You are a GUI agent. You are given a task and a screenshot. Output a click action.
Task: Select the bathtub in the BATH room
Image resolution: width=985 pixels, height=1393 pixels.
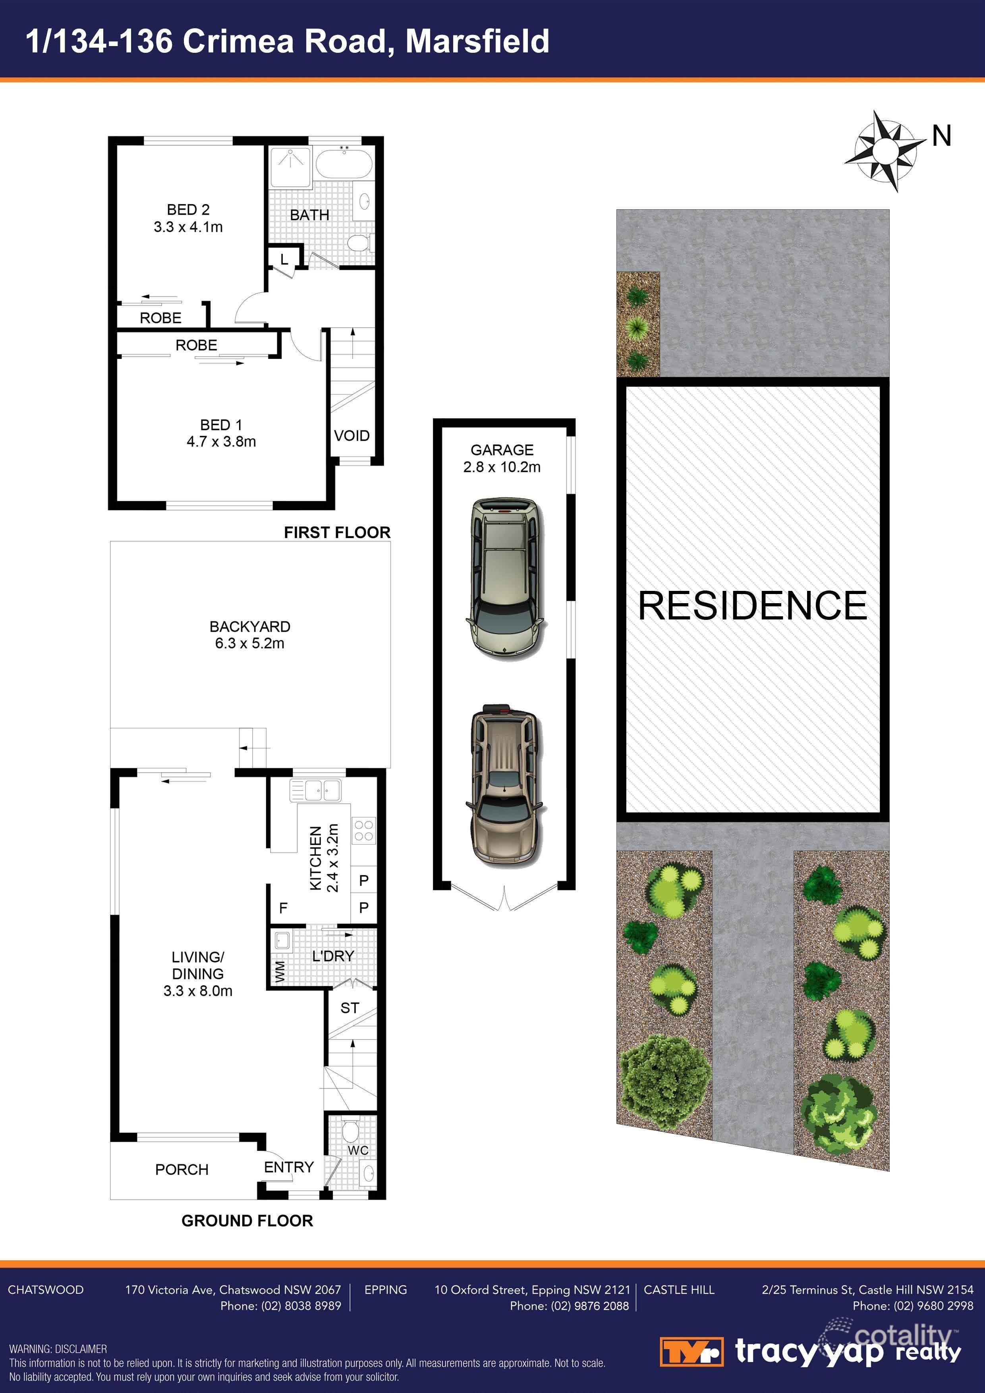(344, 162)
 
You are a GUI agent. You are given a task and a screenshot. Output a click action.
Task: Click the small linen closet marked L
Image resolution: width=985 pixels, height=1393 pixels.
(284, 260)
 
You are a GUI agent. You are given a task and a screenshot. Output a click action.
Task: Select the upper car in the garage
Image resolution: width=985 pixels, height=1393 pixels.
(504, 578)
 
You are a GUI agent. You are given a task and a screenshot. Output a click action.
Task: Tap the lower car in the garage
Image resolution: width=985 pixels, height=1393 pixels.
(504, 786)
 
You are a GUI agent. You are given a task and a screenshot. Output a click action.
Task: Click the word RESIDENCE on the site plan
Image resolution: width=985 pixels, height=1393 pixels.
(753, 606)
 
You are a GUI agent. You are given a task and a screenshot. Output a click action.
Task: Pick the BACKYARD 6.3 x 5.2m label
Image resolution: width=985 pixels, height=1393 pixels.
(249, 635)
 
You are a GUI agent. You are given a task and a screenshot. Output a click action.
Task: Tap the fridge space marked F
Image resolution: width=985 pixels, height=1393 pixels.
(283, 908)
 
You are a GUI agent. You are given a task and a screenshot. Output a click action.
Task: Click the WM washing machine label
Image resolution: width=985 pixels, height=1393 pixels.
(279, 971)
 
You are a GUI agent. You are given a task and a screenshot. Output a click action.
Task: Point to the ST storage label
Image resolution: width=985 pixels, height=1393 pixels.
(350, 1008)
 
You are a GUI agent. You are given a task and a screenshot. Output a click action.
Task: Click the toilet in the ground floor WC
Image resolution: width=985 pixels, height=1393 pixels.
(351, 1131)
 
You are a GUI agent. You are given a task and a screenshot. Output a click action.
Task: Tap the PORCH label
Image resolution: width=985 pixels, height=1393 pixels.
(182, 1169)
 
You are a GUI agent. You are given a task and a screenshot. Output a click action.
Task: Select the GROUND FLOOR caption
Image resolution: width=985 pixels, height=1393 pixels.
(247, 1221)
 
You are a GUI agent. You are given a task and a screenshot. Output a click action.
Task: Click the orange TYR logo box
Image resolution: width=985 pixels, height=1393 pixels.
(691, 1352)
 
